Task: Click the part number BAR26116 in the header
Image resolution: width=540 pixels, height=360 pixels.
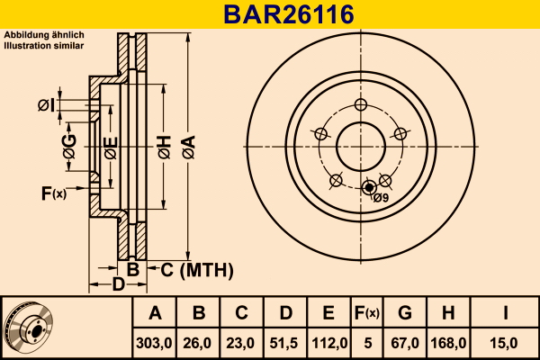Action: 289,14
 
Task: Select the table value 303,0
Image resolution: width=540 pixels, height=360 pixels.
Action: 154,343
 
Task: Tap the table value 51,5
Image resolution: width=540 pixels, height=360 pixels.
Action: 283,343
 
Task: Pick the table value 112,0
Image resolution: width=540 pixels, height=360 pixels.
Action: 329,343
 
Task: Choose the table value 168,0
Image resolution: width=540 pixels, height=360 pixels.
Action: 448,343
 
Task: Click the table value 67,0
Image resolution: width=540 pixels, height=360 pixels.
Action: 405,343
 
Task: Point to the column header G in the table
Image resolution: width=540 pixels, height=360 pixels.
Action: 405,313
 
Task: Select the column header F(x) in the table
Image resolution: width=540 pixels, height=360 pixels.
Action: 367,313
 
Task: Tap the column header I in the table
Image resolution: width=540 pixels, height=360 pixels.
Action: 505,313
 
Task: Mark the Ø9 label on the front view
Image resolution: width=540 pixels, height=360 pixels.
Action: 381,198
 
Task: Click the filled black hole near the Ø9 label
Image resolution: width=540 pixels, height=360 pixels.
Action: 369,188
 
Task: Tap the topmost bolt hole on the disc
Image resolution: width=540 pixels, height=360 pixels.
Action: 361,104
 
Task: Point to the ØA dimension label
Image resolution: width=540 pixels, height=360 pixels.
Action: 189,147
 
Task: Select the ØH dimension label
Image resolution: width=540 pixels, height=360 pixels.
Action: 165,147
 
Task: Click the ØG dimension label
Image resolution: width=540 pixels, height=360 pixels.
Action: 69,146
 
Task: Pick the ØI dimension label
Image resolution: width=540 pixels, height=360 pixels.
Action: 47,105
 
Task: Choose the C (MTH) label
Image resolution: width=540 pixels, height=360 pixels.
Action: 197,270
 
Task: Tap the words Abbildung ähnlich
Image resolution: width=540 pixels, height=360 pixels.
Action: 44,35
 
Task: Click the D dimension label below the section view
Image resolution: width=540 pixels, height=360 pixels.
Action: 118,284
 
